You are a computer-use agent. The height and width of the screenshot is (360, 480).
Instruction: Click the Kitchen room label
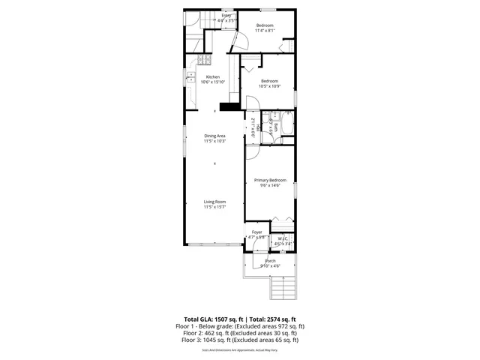(211, 76)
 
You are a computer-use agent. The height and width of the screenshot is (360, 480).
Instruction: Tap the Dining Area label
(215, 136)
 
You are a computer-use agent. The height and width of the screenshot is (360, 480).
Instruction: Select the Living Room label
(215, 202)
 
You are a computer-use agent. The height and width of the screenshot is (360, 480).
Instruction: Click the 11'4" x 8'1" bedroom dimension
(264, 31)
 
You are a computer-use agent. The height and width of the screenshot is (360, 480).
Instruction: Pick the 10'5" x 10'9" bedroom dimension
(268, 85)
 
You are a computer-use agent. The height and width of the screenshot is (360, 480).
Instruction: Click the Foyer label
(257, 232)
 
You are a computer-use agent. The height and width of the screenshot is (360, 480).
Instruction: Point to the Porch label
(270, 261)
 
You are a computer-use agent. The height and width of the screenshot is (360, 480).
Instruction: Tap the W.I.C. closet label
(282, 240)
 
